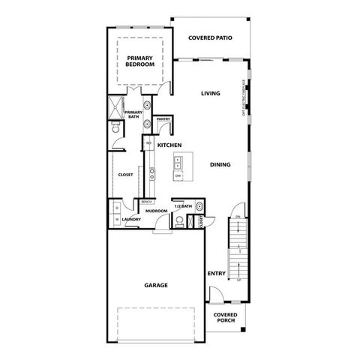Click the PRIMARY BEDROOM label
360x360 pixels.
pyautogui.click(x=140, y=61)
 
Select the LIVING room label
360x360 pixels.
pyautogui.click(x=209, y=94)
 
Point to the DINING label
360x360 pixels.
pyautogui.click(x=220, y=164)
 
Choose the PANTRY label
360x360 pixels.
pyautogui.click(x=163, y=119)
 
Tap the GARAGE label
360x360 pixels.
pyautogui.click(x=155, y=285)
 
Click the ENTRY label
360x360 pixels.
pyautogui.click(x=217, y=273)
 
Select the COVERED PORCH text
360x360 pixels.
pyautogui.click(x=225, y=317)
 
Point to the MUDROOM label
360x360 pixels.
pyautogui.click(x=156, y=211)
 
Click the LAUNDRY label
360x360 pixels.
pyautogui.click(x=121, y=220)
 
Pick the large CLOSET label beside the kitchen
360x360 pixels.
pyautogui.click(x=125, y=174)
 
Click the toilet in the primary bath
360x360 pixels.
pyautogui.click(x=115, y=130)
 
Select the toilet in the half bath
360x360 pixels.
pyautogui.click(x=181, y=220)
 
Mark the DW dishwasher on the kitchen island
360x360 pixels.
pyautogui.click(x=178, y=175)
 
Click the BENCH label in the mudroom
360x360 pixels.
pyautogui.click(x=146, y=201)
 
